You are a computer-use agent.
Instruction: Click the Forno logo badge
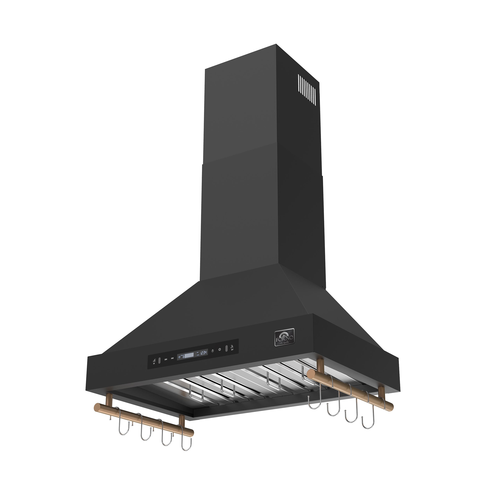pos(284,337)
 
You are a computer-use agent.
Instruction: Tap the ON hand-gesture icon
pos(154,361)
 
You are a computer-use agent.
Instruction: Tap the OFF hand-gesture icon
pos(232,348)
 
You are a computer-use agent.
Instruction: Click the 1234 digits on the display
pos(204,353)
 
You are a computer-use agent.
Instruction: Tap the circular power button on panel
pos(220,350)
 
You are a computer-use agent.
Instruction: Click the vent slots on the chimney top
pos(307,89)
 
